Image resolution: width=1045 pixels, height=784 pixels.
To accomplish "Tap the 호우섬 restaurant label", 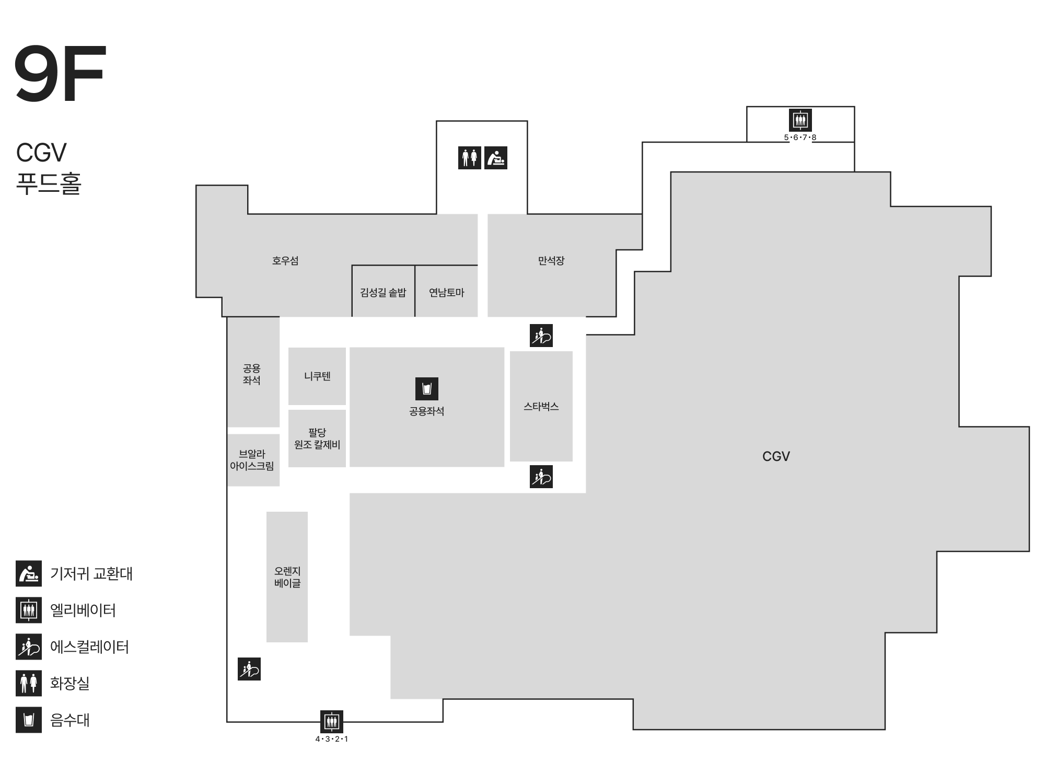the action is pyautogui.click(x=285, y=260).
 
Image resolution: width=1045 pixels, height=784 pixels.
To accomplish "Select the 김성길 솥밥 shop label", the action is pyautogui.click(x=383, y=292).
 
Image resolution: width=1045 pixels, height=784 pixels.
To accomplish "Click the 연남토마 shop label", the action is pyautogui.click(x=447, y=292).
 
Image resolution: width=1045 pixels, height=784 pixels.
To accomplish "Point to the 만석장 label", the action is pyautogui.click(x=551, y=260).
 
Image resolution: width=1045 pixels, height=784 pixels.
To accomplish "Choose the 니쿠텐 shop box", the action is pyautogui.click(x=317, y=376).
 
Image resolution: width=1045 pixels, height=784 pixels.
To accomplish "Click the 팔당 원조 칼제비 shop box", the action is pyautogui.click(x=317, y=438).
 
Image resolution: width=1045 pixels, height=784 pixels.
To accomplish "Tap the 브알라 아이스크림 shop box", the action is pyautogui.click(x=253, y=460).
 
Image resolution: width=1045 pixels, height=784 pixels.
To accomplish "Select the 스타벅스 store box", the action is pyautogui.click(x=541, y=406).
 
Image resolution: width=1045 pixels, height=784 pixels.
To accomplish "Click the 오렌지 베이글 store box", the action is pyautogui.click(x=287, y=577).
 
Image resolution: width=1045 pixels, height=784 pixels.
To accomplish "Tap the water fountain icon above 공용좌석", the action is pyautogui.click(x=427, y=389).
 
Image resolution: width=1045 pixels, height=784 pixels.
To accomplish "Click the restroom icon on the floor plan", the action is pyautogui.click(x=470, y=157).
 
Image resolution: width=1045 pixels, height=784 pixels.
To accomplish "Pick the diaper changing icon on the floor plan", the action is pyautogui.click(x=496, y=157).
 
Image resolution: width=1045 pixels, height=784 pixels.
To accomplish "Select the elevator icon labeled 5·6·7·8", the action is pyautogui.click(x=800, y=120).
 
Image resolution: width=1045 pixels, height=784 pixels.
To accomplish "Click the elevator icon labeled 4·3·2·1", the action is pyautogui.click(x=332, y=722).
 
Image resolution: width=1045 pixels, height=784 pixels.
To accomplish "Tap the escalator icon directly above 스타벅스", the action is pyautogui.click(x=541, y=336).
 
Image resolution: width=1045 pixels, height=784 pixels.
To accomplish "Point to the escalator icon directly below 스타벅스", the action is pyautogui.click(x=541, y=477).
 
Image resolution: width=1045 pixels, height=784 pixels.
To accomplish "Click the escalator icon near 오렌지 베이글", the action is pyautogui.click(x=249, y=669).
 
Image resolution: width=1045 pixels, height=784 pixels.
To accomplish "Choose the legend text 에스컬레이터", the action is pyautogui.click(x=89, y=647).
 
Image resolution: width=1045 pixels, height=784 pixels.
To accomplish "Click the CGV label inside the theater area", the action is pyautogui.click(x=776, y=456).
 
